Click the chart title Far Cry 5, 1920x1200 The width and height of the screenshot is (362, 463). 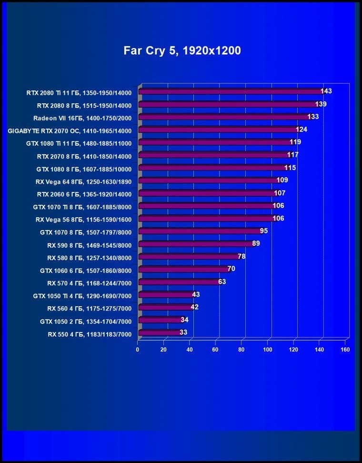click(182, 50)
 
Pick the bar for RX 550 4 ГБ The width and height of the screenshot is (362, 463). click(160, 333)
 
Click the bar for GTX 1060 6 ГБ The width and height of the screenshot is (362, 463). click(183, 270)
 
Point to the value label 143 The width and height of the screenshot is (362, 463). click(326, 91)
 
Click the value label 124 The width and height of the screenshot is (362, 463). click(302, 129)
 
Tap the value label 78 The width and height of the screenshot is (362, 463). click(241, 256)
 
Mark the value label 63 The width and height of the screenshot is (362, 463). click(222, 282)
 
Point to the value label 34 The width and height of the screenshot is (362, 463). click(184, 320)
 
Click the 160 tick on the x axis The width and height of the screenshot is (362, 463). click(345, 350)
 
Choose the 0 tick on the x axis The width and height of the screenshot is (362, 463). click(138, 350)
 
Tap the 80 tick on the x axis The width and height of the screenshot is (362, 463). click(241, 350)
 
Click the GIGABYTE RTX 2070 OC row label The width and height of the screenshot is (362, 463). click(70, 130)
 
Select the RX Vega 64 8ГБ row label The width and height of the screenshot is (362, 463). click(83, 181)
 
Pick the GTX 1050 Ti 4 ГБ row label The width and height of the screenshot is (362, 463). click(82, 295)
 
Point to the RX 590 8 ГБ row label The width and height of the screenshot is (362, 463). click(89, 244)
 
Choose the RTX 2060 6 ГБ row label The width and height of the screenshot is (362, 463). click(84, 194)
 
